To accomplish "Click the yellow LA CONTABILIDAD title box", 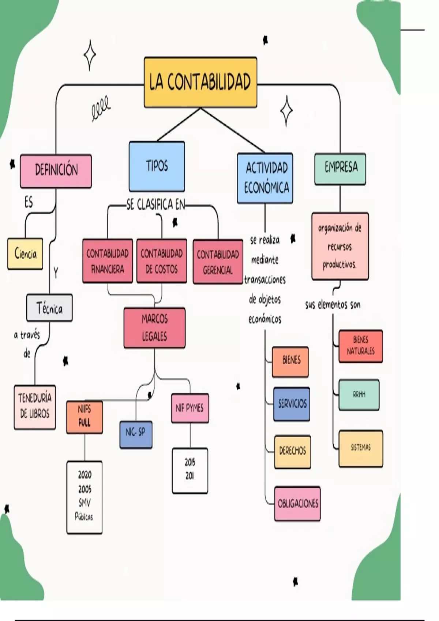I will click(x=200, y=82).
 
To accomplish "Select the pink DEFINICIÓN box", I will click(x=56, y=171).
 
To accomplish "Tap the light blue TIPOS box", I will click(x=157, y=167).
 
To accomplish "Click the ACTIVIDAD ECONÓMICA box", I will click(x=265, y=178).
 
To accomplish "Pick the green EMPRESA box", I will click(x=340, y=168).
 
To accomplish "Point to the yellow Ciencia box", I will click(x=25, y=254).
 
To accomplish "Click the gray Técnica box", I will click(x=49, y=308).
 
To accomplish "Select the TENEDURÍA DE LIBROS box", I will click(x=35, y=407).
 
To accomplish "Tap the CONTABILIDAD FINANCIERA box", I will click(x=108, y=261).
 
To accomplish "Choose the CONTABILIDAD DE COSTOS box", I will click(x=161, y=261).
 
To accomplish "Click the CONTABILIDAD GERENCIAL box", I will click(x=218, y=262).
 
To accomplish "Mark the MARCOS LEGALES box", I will click(x=154, y=328).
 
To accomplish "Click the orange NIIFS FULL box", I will click(x=84, y=417).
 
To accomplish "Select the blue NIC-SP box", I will click(x=136, y=434).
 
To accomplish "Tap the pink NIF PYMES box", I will click(x=190, y=408).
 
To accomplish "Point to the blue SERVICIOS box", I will click(x=292, y=404).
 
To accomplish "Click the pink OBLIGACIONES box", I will click(x=297, y=503).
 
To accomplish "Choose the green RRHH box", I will click(x=359, y=395).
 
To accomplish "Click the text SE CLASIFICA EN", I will click(x=156, y=205).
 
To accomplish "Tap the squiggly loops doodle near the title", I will click(x=101, y=107).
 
